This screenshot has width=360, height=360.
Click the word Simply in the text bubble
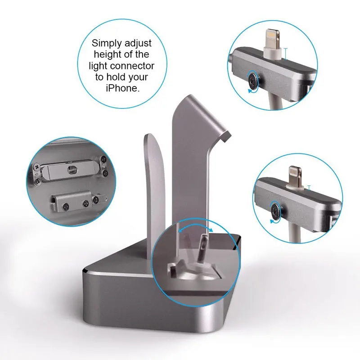click(106, 43)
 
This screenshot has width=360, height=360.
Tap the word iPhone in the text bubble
click(122, 88)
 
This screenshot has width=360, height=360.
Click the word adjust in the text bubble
click(138, 43)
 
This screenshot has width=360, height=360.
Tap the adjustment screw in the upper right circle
click(253, 81)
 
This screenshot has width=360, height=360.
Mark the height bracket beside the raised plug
click(285, 54)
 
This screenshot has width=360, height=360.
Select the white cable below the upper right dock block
click(274, 100)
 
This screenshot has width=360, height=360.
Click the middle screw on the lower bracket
click(86, 203)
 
